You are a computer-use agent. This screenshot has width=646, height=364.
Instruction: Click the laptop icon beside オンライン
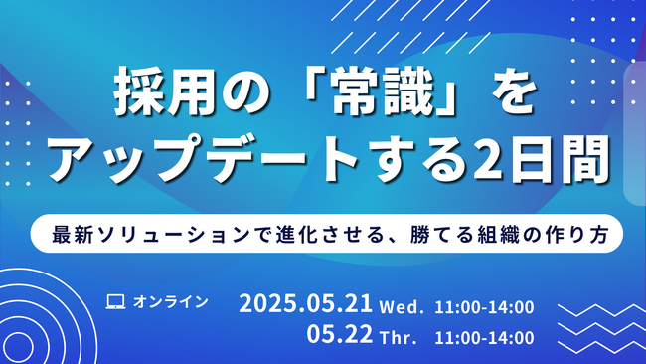(x=115, y=301)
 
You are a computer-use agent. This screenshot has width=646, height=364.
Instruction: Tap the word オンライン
(x=170, y=301)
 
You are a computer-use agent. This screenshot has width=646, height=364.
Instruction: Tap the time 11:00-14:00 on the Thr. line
(x=484, y=338)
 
